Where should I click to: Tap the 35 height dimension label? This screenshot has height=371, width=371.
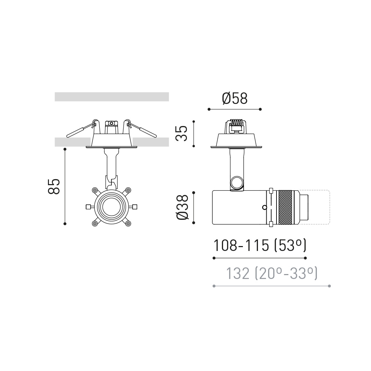click(x=182, y=133)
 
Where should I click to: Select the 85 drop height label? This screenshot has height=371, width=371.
click(x=54, y=187)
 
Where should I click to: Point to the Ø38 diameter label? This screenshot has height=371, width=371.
click(x=182, y=207)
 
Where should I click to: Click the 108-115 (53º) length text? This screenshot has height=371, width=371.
click(x=260, y=245)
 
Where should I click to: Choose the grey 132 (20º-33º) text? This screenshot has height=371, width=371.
click(x=272, y=273)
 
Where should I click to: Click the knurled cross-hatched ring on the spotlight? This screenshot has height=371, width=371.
click(x=285, y=207)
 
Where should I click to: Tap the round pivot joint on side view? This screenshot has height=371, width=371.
click(x=236, y=182)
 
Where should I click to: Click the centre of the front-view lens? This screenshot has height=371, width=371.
click(x=111, y=207)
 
